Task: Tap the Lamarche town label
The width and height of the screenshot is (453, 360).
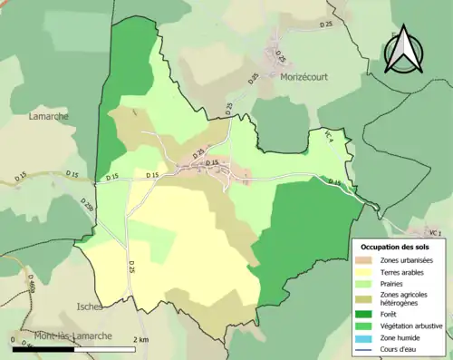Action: click(x=47, y=116)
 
